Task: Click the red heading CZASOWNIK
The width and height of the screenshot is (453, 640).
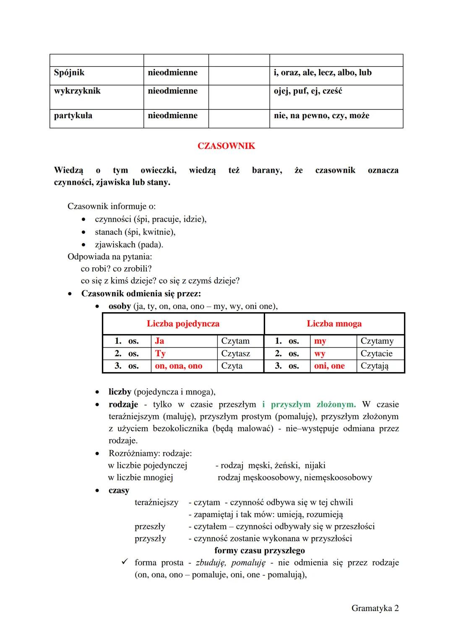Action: point(226,146)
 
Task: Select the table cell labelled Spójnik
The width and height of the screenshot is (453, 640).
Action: point(69,73)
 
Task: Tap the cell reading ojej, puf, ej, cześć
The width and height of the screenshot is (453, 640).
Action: point(308,91)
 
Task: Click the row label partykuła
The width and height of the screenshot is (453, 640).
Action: point(73,116)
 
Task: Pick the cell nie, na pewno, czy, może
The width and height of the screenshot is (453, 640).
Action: point(321,116)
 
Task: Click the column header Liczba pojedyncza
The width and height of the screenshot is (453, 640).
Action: point(183,324)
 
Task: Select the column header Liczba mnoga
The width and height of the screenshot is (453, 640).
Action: point(334,324)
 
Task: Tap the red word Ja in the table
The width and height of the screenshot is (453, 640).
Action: point(159,341)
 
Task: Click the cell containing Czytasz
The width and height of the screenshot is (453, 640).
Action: point(235,353)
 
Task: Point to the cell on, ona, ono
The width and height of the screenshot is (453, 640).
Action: point(179,366)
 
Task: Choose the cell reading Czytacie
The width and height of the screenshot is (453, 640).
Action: point(376,353)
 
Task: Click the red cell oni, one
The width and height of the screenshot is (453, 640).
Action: point(329,366)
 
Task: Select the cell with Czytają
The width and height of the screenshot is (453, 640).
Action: point(374,366)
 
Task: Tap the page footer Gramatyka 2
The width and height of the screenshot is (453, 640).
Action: point(375,608)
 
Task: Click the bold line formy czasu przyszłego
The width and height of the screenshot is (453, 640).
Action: point(260,550)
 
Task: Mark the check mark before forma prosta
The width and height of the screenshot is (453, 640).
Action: point(125,562)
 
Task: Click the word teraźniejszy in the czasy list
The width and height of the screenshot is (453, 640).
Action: point(156,502)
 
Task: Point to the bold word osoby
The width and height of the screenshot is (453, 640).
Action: point(120,306)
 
